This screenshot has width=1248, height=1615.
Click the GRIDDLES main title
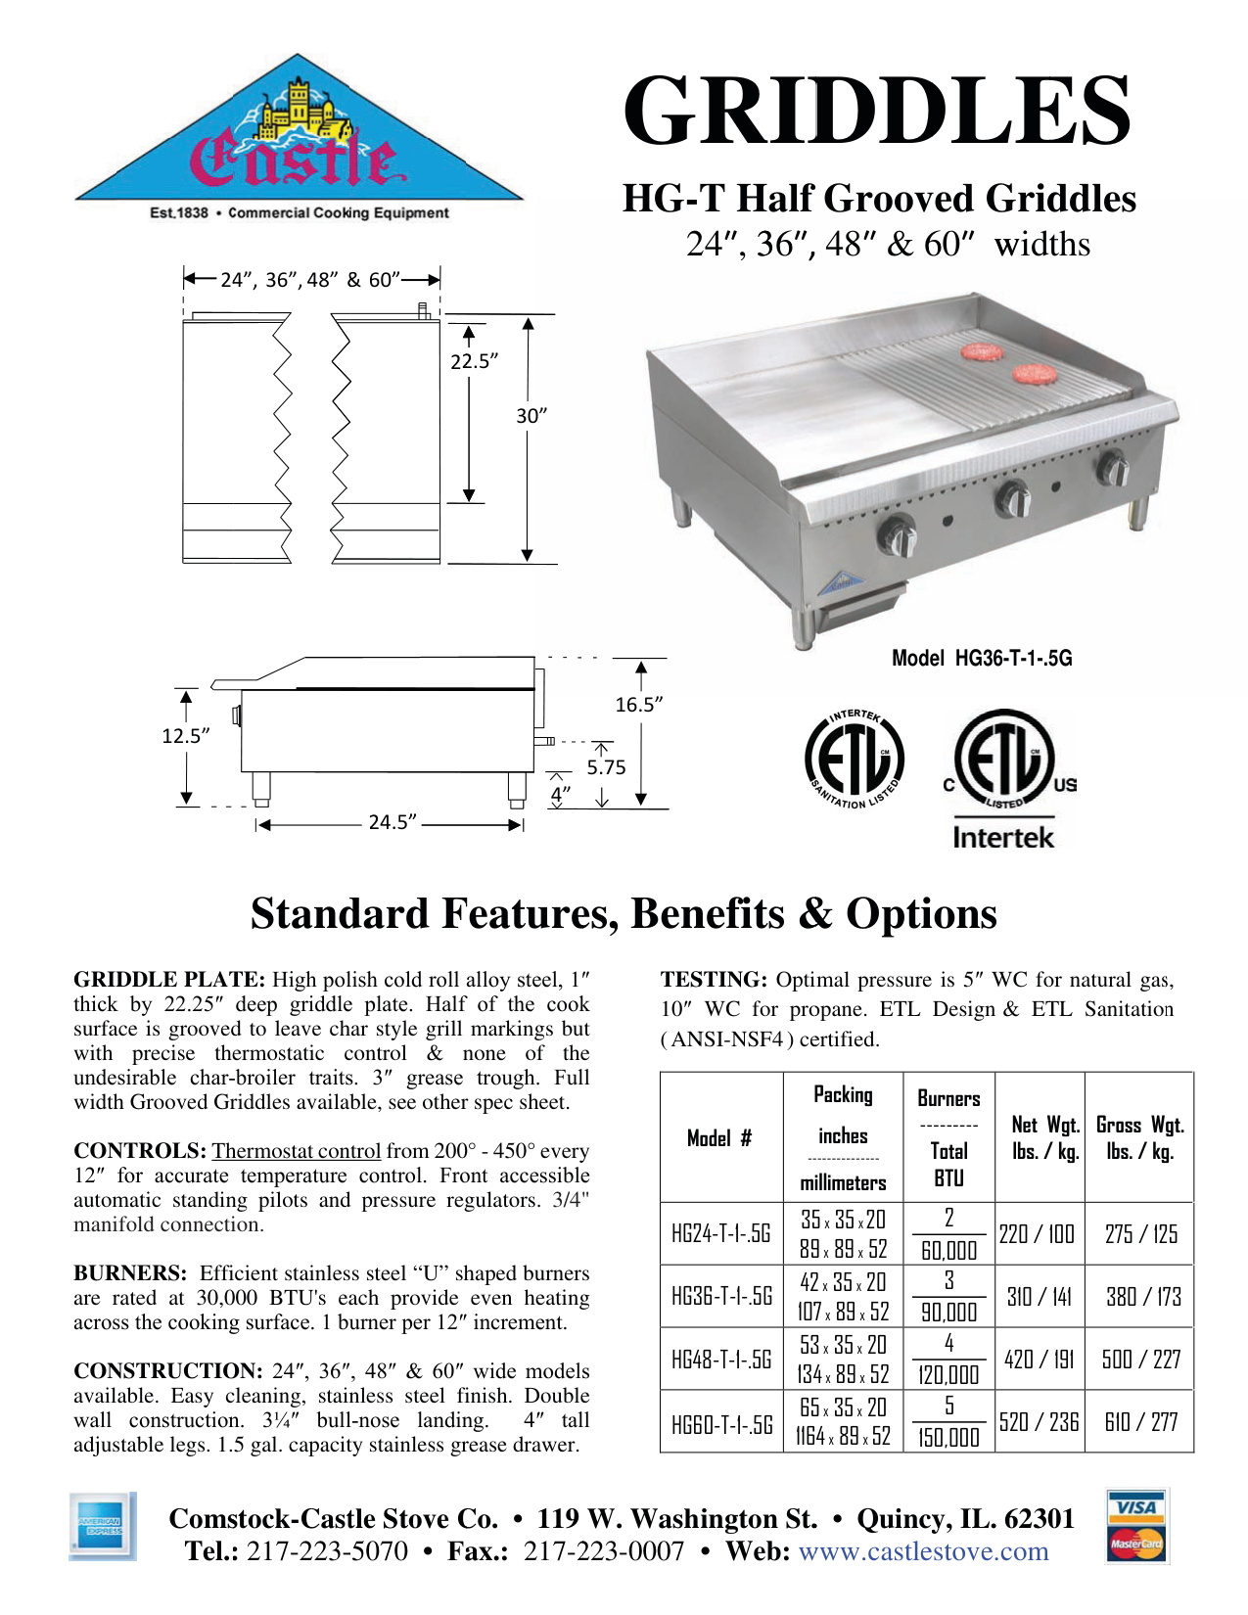click(877, 110)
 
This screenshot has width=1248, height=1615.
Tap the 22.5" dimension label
click(474, 361)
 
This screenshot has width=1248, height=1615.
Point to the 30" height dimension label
click(532, 416)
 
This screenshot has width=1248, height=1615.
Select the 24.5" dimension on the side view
click(393, 822)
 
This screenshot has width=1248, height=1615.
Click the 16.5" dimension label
click(638, 705)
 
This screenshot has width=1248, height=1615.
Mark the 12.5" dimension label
click(186, 736)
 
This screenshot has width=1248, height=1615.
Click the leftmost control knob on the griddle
click(897, 535)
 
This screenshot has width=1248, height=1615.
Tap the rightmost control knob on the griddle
click(1113, 469)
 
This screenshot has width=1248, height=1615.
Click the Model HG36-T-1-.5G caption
click(981, 659)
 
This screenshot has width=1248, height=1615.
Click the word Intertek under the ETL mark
click(1003, 838)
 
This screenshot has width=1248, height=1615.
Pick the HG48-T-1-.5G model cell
click(721, 1359)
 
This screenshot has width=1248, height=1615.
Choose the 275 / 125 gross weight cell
click(1140, 1233)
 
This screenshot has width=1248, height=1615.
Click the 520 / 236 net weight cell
click(1039, 1421)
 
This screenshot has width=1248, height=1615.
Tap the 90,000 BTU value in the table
click(948, 1312)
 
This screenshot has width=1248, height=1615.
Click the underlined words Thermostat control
click(296, 1151)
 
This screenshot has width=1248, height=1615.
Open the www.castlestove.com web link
click(923, 1551)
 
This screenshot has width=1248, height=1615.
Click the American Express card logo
click(102, 1527)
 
